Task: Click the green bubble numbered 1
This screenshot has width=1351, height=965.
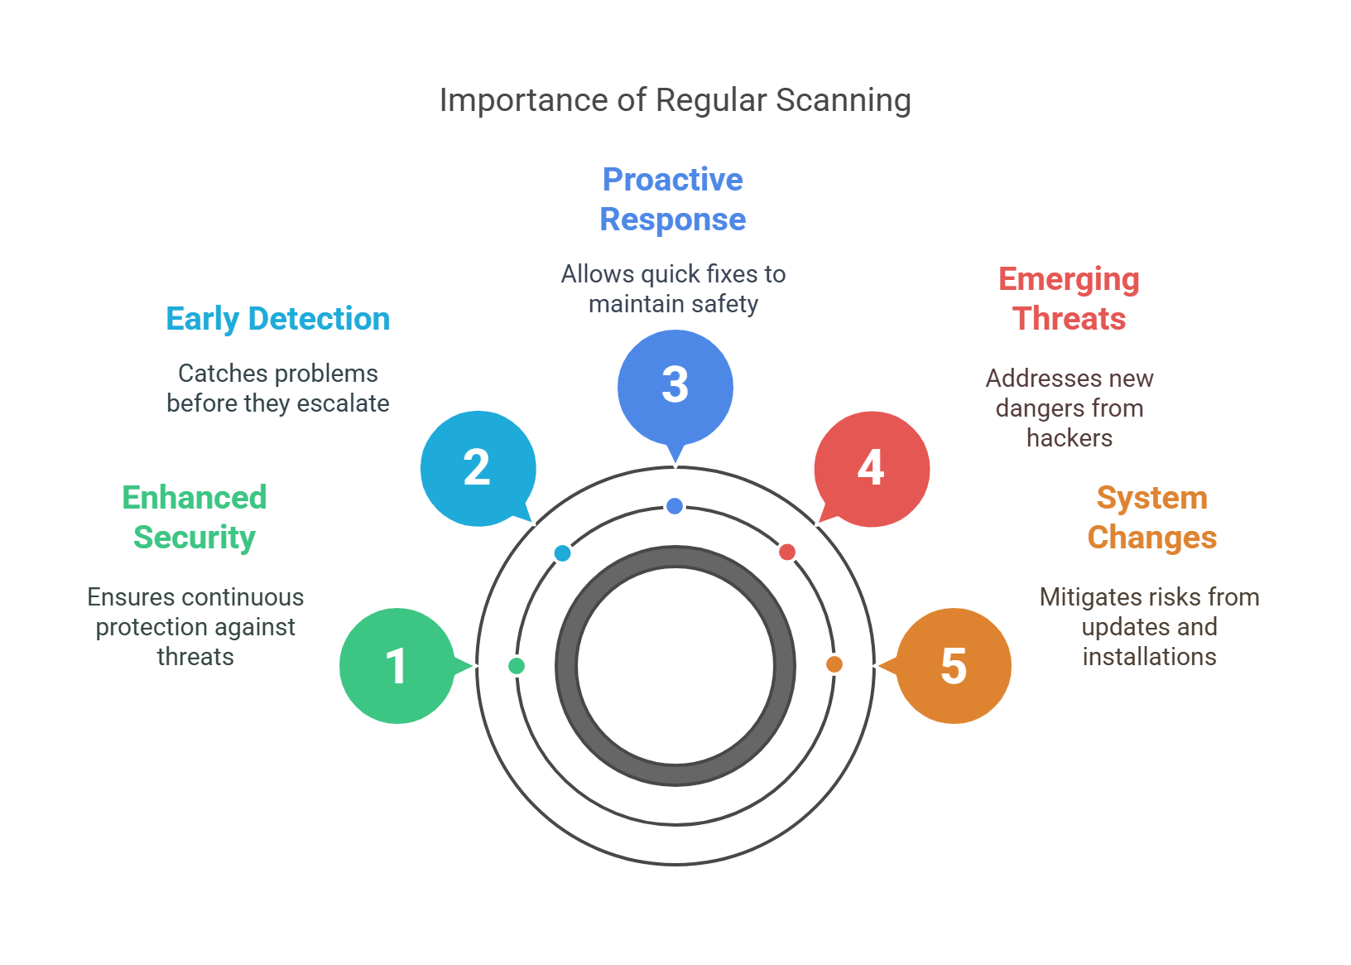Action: tap(397, 666)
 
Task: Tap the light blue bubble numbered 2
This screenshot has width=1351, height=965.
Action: tap(478, 469)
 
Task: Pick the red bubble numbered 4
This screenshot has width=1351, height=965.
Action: tap(873, 470)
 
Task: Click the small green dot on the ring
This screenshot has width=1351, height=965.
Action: tap(517, 666)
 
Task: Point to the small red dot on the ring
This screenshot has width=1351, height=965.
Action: tap(787, 552)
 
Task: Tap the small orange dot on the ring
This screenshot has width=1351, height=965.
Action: tap(834, 664)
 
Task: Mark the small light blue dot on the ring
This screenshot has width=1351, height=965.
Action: tap(563, 553)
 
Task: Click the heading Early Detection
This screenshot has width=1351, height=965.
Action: tap(278, 319)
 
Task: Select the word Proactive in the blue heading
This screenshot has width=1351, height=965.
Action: tap(673, 179)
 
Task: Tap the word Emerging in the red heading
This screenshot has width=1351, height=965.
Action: tap(1070, 280)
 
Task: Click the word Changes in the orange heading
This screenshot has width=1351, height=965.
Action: tap(1152, 538)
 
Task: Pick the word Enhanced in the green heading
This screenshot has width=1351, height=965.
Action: tap(195, 497)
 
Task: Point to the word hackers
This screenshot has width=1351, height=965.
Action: tap(1070, 438)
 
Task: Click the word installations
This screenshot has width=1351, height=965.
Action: tap(1150, 657)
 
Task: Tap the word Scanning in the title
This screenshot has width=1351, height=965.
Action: tap(844, 101)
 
